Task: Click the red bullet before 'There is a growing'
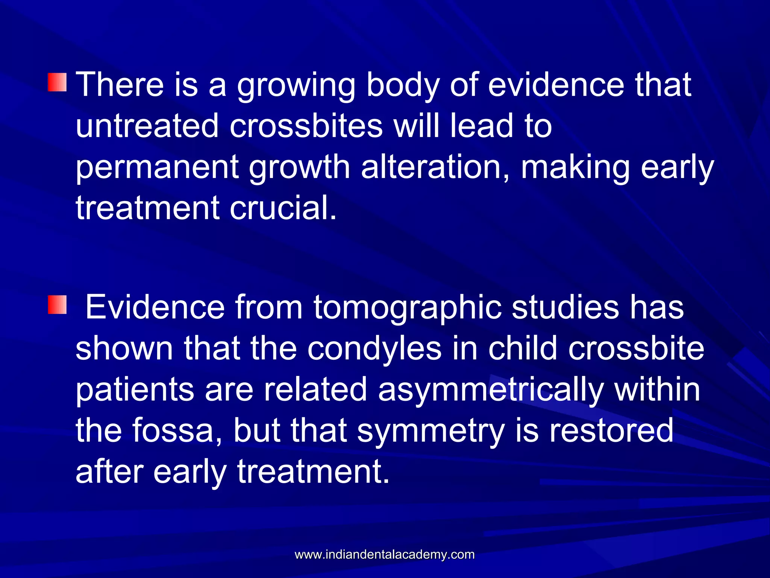click(57, 82)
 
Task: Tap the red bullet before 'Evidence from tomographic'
click(57, 305)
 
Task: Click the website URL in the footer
click(385, 554)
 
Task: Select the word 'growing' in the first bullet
click(296, 86)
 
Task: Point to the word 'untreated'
click(147, 126)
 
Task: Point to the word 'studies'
click(565, 308)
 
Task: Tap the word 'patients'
click(135, 391)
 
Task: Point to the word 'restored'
click(611, 431)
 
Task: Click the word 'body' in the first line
click(403, 86)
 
